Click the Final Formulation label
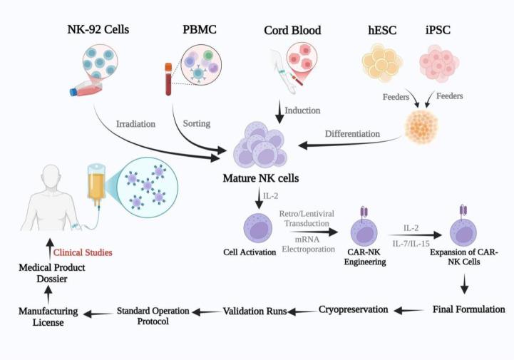click(468, 310)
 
